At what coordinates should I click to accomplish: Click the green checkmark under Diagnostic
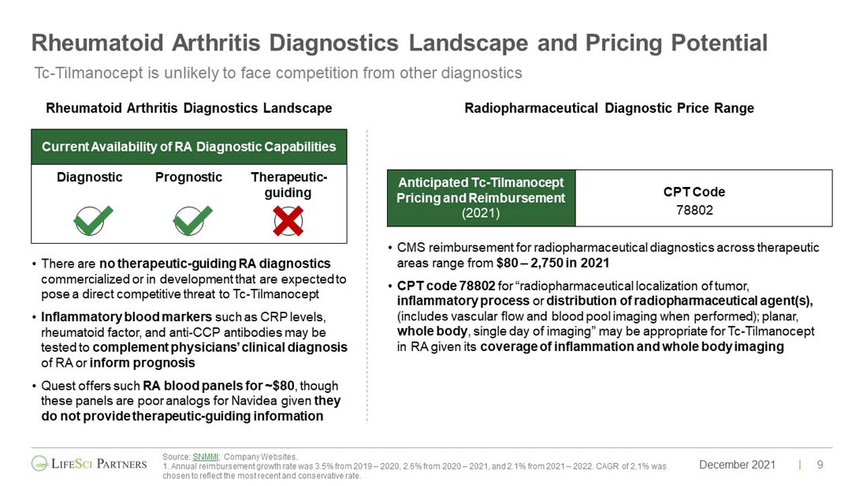point(92,220)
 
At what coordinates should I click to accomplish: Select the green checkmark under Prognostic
point(192,220)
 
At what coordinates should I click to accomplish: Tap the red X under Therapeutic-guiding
point(288,221)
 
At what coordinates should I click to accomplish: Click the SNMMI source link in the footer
point(205,457)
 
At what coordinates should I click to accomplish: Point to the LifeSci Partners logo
point(89,464)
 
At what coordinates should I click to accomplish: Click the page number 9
point(820,465)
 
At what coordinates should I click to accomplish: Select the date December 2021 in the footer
point(737,465)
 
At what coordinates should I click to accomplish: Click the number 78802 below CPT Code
point(694,210)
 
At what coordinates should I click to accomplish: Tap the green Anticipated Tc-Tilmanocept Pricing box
point(481,198)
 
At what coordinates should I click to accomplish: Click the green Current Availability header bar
point(189,147)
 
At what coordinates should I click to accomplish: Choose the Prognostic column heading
point(189,177)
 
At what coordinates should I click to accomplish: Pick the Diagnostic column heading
point(90,177)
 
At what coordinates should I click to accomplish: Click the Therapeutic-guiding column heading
point(289,185)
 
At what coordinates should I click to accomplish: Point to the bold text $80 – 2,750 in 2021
point(552,263)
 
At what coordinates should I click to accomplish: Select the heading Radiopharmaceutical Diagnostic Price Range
point(609,108)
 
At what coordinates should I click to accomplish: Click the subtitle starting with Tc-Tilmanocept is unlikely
point(278,73)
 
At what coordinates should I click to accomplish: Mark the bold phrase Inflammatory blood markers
point(127,317)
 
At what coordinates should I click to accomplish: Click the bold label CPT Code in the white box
point(694,192)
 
